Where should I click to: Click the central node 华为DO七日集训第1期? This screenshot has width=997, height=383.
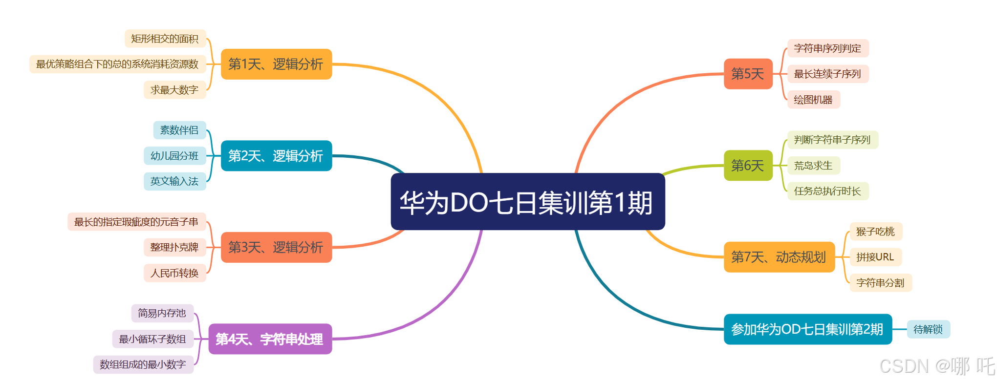pos(527,202)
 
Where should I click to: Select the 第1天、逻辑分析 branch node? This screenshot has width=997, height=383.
pos(276,64)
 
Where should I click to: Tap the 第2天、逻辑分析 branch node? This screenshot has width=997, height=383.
pos(276,156)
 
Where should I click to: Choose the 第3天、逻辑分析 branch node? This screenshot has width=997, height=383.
pos(276,247)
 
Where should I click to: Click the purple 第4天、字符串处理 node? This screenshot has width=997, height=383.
pos(270,339)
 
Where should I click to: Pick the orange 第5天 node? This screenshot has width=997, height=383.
pos(748,74)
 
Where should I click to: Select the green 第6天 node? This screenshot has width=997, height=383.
pos(748,166)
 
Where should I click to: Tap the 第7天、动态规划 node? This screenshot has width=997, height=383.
pos(779,257)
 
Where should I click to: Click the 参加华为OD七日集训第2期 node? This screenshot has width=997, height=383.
pos(807,329)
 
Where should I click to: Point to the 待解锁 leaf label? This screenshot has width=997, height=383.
pos(928,329)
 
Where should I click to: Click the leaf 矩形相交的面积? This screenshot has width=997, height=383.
pos(165,39)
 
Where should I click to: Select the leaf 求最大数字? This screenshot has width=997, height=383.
pos(174,90)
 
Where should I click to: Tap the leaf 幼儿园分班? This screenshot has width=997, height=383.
pos(174,156)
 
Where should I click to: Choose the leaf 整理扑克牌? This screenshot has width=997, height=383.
pos(174,247)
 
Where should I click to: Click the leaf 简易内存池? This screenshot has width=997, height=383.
pos(162,313)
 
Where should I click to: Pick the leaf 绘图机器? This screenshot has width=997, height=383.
pos(813,100)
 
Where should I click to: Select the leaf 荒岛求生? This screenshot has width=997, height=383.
pos(813,166)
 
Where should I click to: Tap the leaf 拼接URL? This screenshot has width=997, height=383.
pos(875,257)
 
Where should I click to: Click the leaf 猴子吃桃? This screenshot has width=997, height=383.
pos(875,232)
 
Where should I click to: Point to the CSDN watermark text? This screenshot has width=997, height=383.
pos(936,366)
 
